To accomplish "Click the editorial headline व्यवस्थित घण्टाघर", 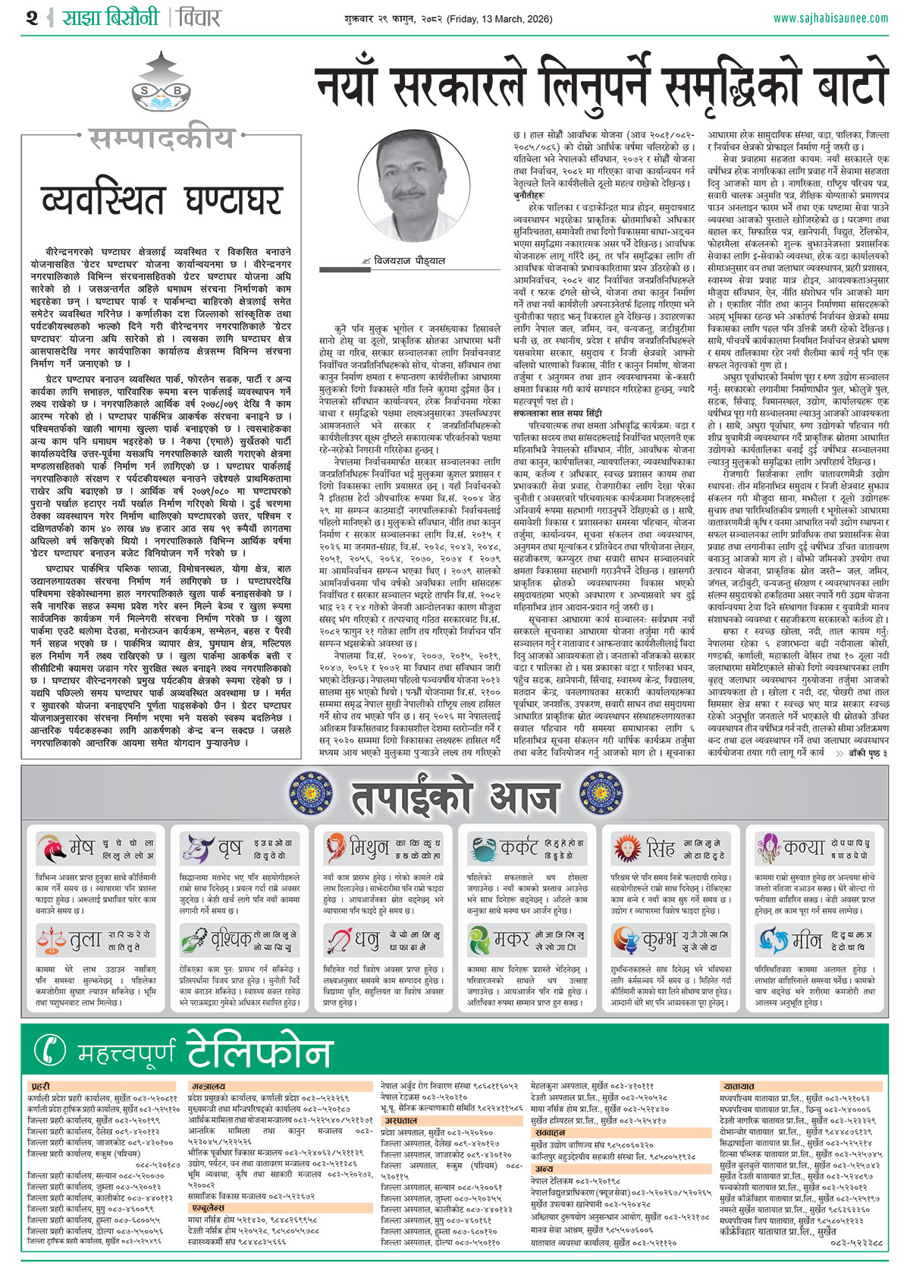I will point(162,200).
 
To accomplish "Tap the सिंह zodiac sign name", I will point(661,847).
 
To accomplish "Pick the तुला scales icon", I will point(51,941).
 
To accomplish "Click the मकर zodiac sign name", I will point(511,941).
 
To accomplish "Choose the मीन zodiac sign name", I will point(807,941).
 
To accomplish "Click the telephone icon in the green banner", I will point(51,1050).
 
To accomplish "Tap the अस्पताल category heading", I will point(400,1120).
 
